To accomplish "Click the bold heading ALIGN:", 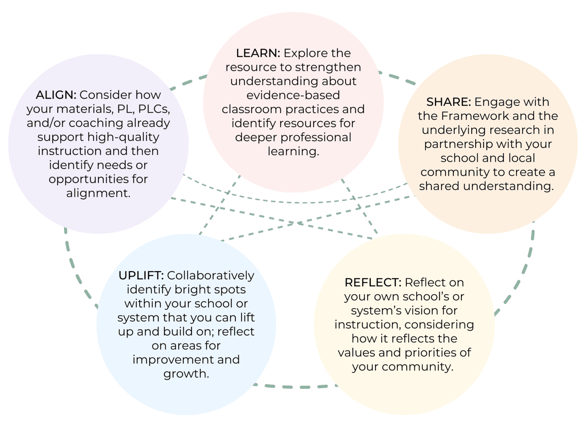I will click(x=56, y=95).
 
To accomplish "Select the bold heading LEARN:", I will click(x=258, y=53).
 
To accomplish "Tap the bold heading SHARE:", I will click(x=448, y=102).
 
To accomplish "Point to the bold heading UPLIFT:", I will click(x=141, y=275).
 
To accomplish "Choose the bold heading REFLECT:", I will click(x=373, y=282).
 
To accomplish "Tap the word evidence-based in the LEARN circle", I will click(x=293, y=95).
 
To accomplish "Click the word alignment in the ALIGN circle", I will click(x=98, y=193).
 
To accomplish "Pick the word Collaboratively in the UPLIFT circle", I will click(x=210, y=275).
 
